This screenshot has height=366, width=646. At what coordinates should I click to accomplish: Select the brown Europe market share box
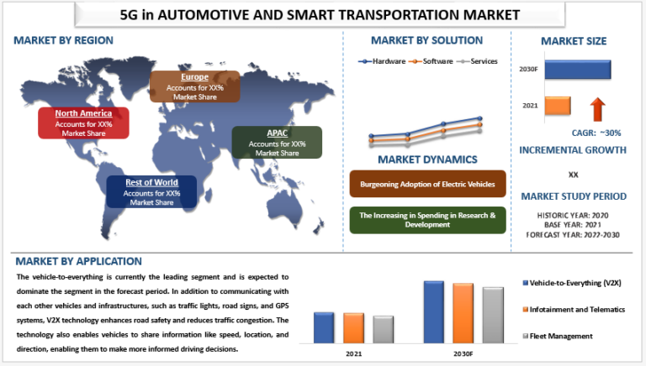pyautogui.click(x=194, y=86)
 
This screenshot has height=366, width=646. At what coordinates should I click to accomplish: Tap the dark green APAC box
pyautogui.click(x=277, y=143)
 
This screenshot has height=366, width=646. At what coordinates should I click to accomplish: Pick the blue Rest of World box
pyautogui.click(x=150, y=192)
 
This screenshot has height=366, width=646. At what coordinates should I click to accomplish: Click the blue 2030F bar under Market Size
pyautogui.click(x=577, y=71)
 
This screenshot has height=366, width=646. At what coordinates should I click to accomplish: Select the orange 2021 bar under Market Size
pyautogui.click(x=557, y=106)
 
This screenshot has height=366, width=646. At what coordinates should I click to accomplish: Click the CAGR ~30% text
pyautogui.click(x=575, y=133)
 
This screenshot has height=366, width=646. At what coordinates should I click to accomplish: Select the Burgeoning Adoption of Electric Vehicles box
pyautogui.click(x=427, y=184)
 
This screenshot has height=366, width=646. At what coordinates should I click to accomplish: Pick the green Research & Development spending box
pyautogui.click(x=427, y=220)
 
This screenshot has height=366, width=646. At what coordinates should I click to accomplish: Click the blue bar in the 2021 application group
pyautogui.click(x=324, y=327)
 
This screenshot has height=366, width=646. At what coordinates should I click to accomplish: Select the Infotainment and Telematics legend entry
pyautogui.click(x=576, y=310)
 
